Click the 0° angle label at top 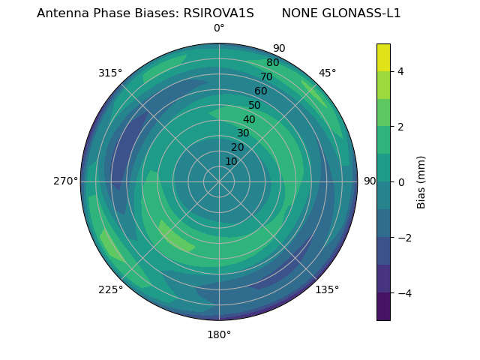pos(219,28)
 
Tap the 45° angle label pos(327,73)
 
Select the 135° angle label pos(327,289)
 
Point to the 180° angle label pos(219,334)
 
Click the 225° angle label pos(110,290)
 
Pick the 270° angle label pos(65,181)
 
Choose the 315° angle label pos(110,73)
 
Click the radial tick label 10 pos(231,161)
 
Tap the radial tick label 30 pos(243,133)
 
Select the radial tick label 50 pos(255,106)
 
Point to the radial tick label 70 pos(266,77)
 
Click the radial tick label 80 pos(272,63)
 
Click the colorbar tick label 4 pos(401,71)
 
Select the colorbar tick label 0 pos(401,181)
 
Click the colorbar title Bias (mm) pos(421,181)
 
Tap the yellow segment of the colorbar pos(383,57)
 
